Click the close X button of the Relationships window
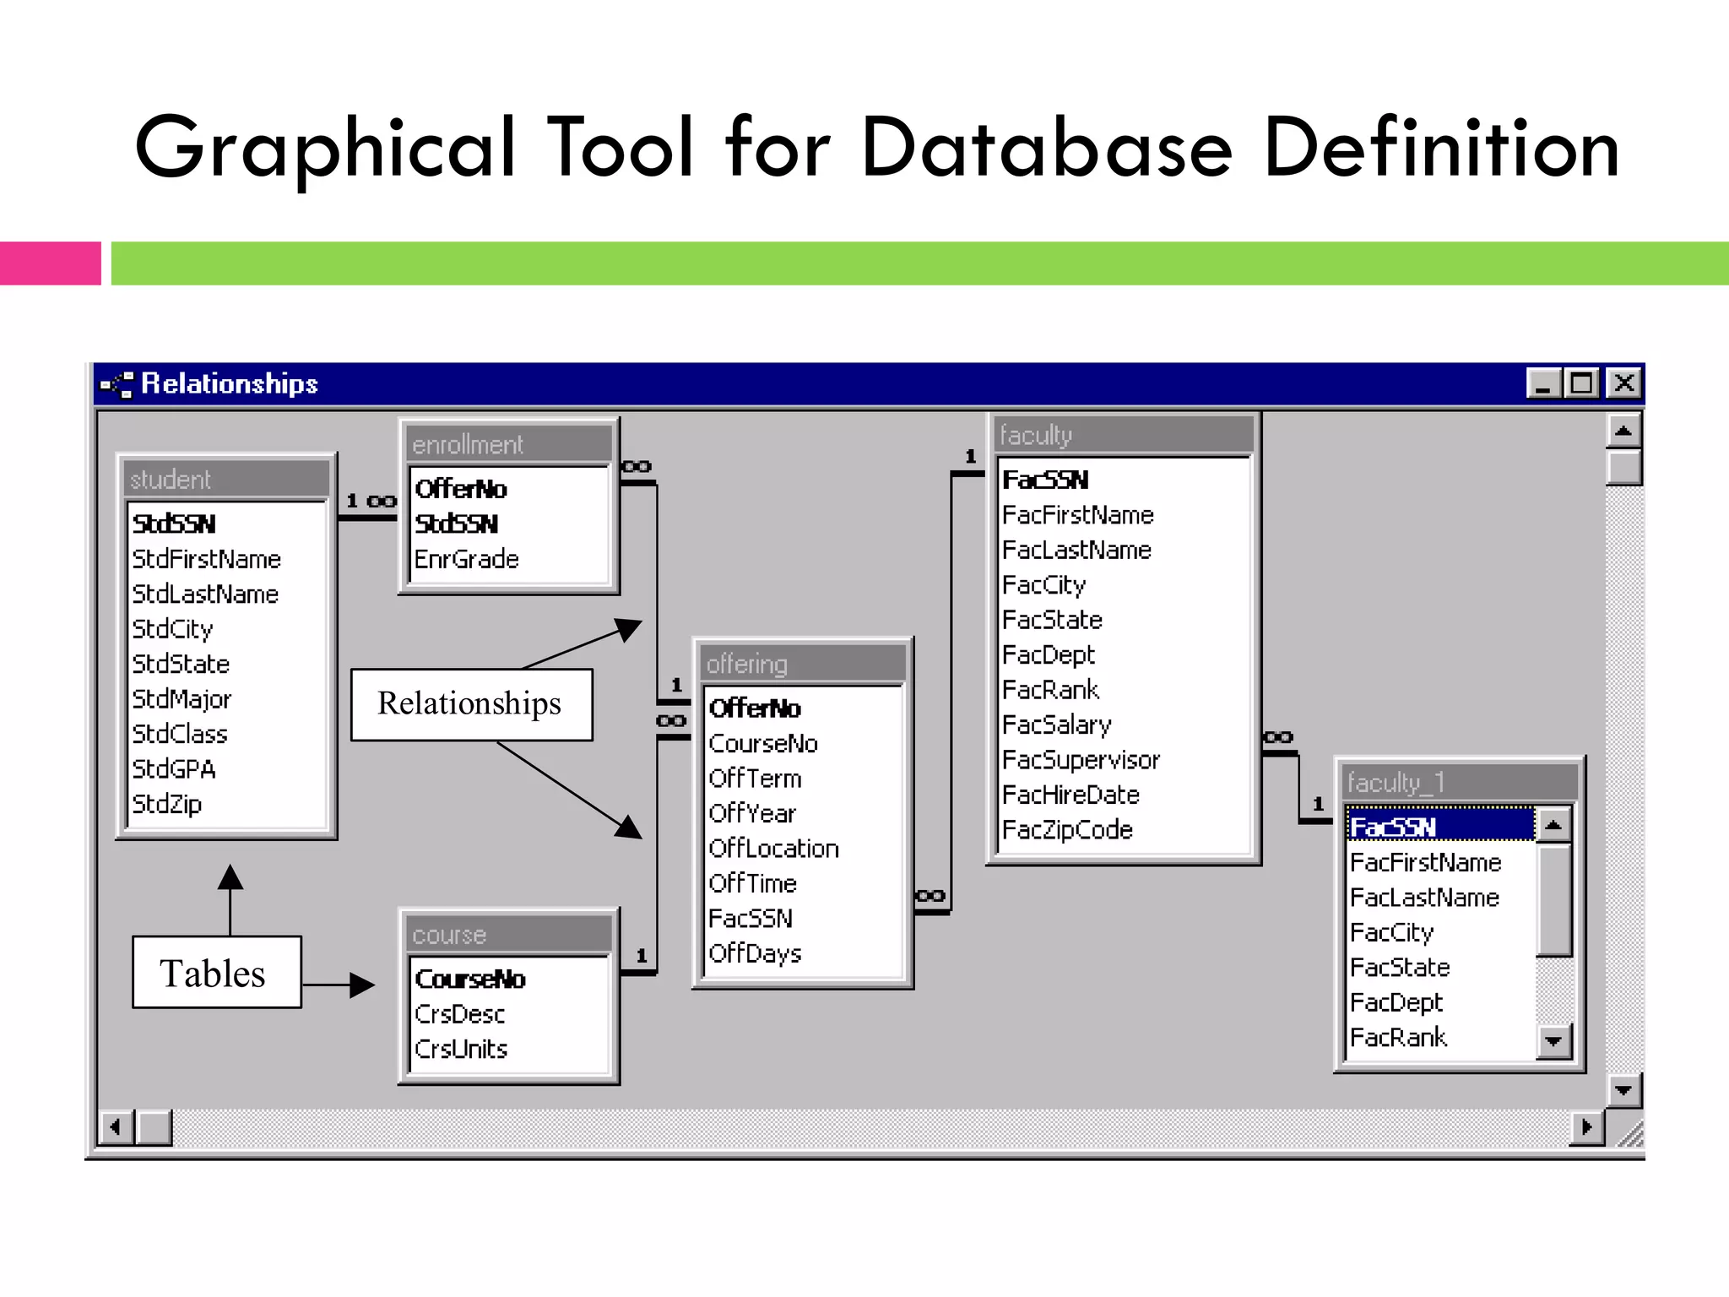tap(1623, 383)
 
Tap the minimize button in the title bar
tap(1543, 383)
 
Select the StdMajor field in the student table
tap(182, 699)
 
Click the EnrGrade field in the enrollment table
tap(466, 559)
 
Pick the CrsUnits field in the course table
tap(461, 1049)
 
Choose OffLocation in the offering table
tap(773, 848)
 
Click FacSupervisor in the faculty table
tap(1081, 760)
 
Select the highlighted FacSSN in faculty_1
tap(1393, 827)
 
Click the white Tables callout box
tap(216, 972)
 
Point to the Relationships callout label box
tap(471, 704)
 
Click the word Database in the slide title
tap(1047, 149)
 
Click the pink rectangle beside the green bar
tap(50, 263)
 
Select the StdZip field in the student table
tap(167, 804)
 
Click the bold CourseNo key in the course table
tap(470, 979)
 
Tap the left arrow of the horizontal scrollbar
tap(116, 1126)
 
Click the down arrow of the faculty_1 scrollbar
tap(1553, 1041)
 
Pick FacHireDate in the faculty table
tap(1070, 795)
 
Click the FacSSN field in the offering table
tap(751, 918)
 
